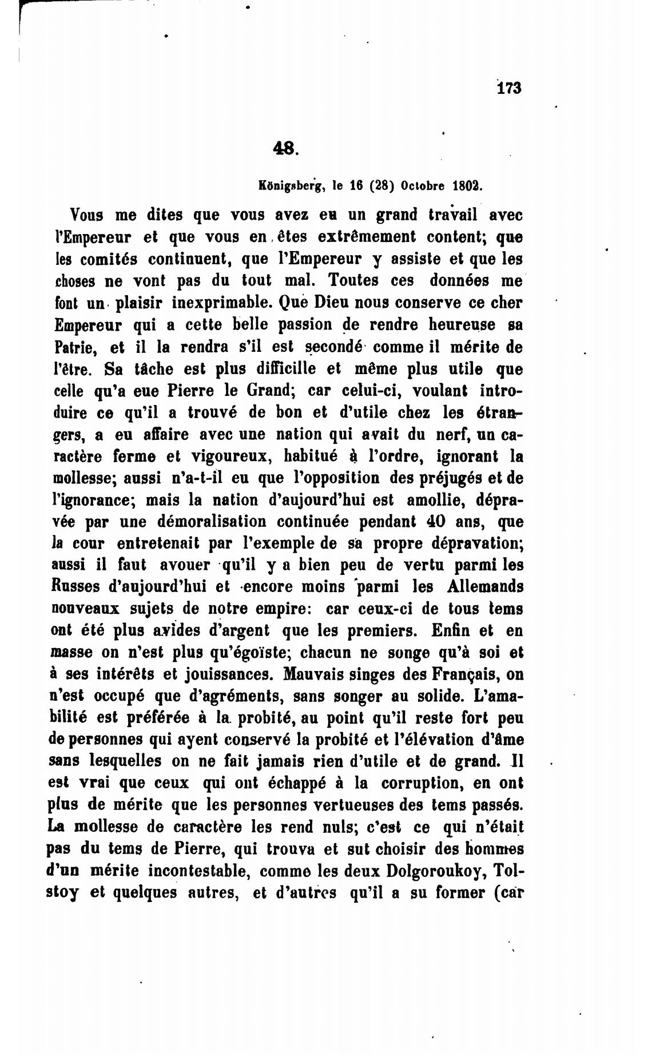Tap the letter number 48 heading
tap(285, 148)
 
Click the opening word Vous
tap(86, 216)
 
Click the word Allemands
tap(484, 587)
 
